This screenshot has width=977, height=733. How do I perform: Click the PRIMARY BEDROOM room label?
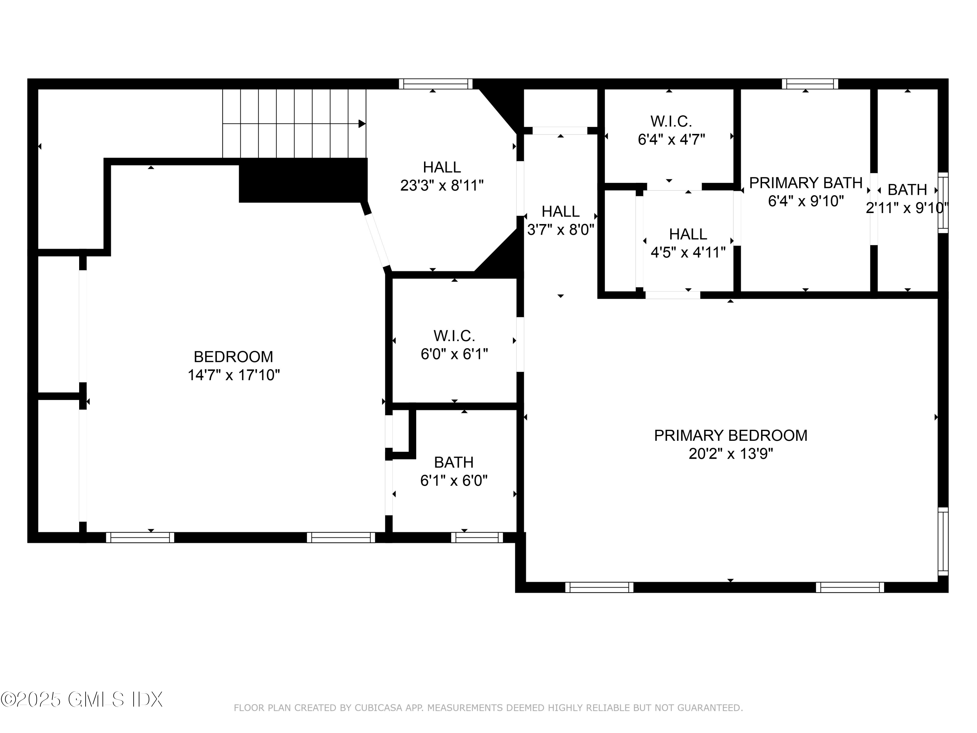pos(730,435)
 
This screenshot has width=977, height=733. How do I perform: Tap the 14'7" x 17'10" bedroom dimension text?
pos(234,375)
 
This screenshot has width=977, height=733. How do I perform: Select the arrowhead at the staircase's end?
pos(362,124)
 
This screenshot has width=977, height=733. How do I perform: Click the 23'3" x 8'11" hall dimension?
pos(442,186)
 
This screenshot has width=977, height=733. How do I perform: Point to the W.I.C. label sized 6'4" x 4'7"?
pos(671,121)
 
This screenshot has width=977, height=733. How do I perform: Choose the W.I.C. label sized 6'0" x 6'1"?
pos(454,336)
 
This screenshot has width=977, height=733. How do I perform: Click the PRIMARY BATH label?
pos(806,182)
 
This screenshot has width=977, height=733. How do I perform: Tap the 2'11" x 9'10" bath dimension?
pos(907,208)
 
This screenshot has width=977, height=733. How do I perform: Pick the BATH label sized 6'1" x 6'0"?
pos(454,462)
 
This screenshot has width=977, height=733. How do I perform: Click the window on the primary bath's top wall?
pos(810,84)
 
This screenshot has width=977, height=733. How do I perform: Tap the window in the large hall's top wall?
pos(435,84)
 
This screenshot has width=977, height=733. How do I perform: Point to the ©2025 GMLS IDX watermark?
pos(82,699)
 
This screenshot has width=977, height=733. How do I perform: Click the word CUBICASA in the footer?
pos(378,708)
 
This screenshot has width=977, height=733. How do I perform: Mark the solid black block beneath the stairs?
pos(303,180)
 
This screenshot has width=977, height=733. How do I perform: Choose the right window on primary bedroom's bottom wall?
pos(849,587)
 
